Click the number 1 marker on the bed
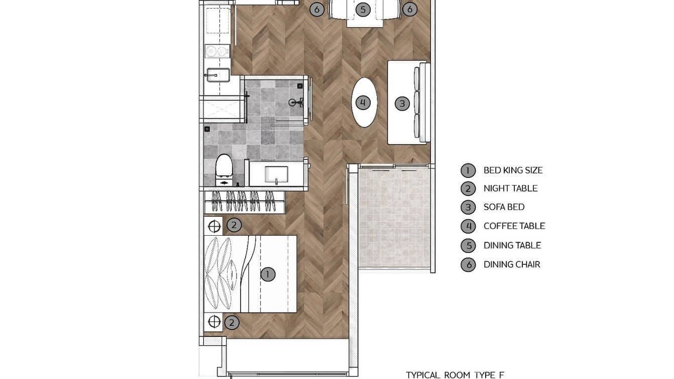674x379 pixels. pos(268,274)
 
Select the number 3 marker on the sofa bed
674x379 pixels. pos(402,104)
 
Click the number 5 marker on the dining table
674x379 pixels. pos(363,9)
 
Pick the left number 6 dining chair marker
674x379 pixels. pos(316,9)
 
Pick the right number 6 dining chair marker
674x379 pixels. pos(410,9)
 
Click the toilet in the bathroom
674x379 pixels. pos(223,167)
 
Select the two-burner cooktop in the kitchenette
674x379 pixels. pos(217,51)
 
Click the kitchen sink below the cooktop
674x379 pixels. pos(217,75)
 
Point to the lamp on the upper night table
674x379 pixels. pos(214,226)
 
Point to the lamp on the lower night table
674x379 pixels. pos(214,321)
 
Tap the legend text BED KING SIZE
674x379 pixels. pos(513,170)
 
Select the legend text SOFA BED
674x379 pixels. pos(504,207)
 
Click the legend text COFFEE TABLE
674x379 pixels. pos(514,226)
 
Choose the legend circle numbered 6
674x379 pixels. pos(468,265)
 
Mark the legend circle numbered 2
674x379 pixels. pos(468,188)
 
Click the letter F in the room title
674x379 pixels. pos(501,374)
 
